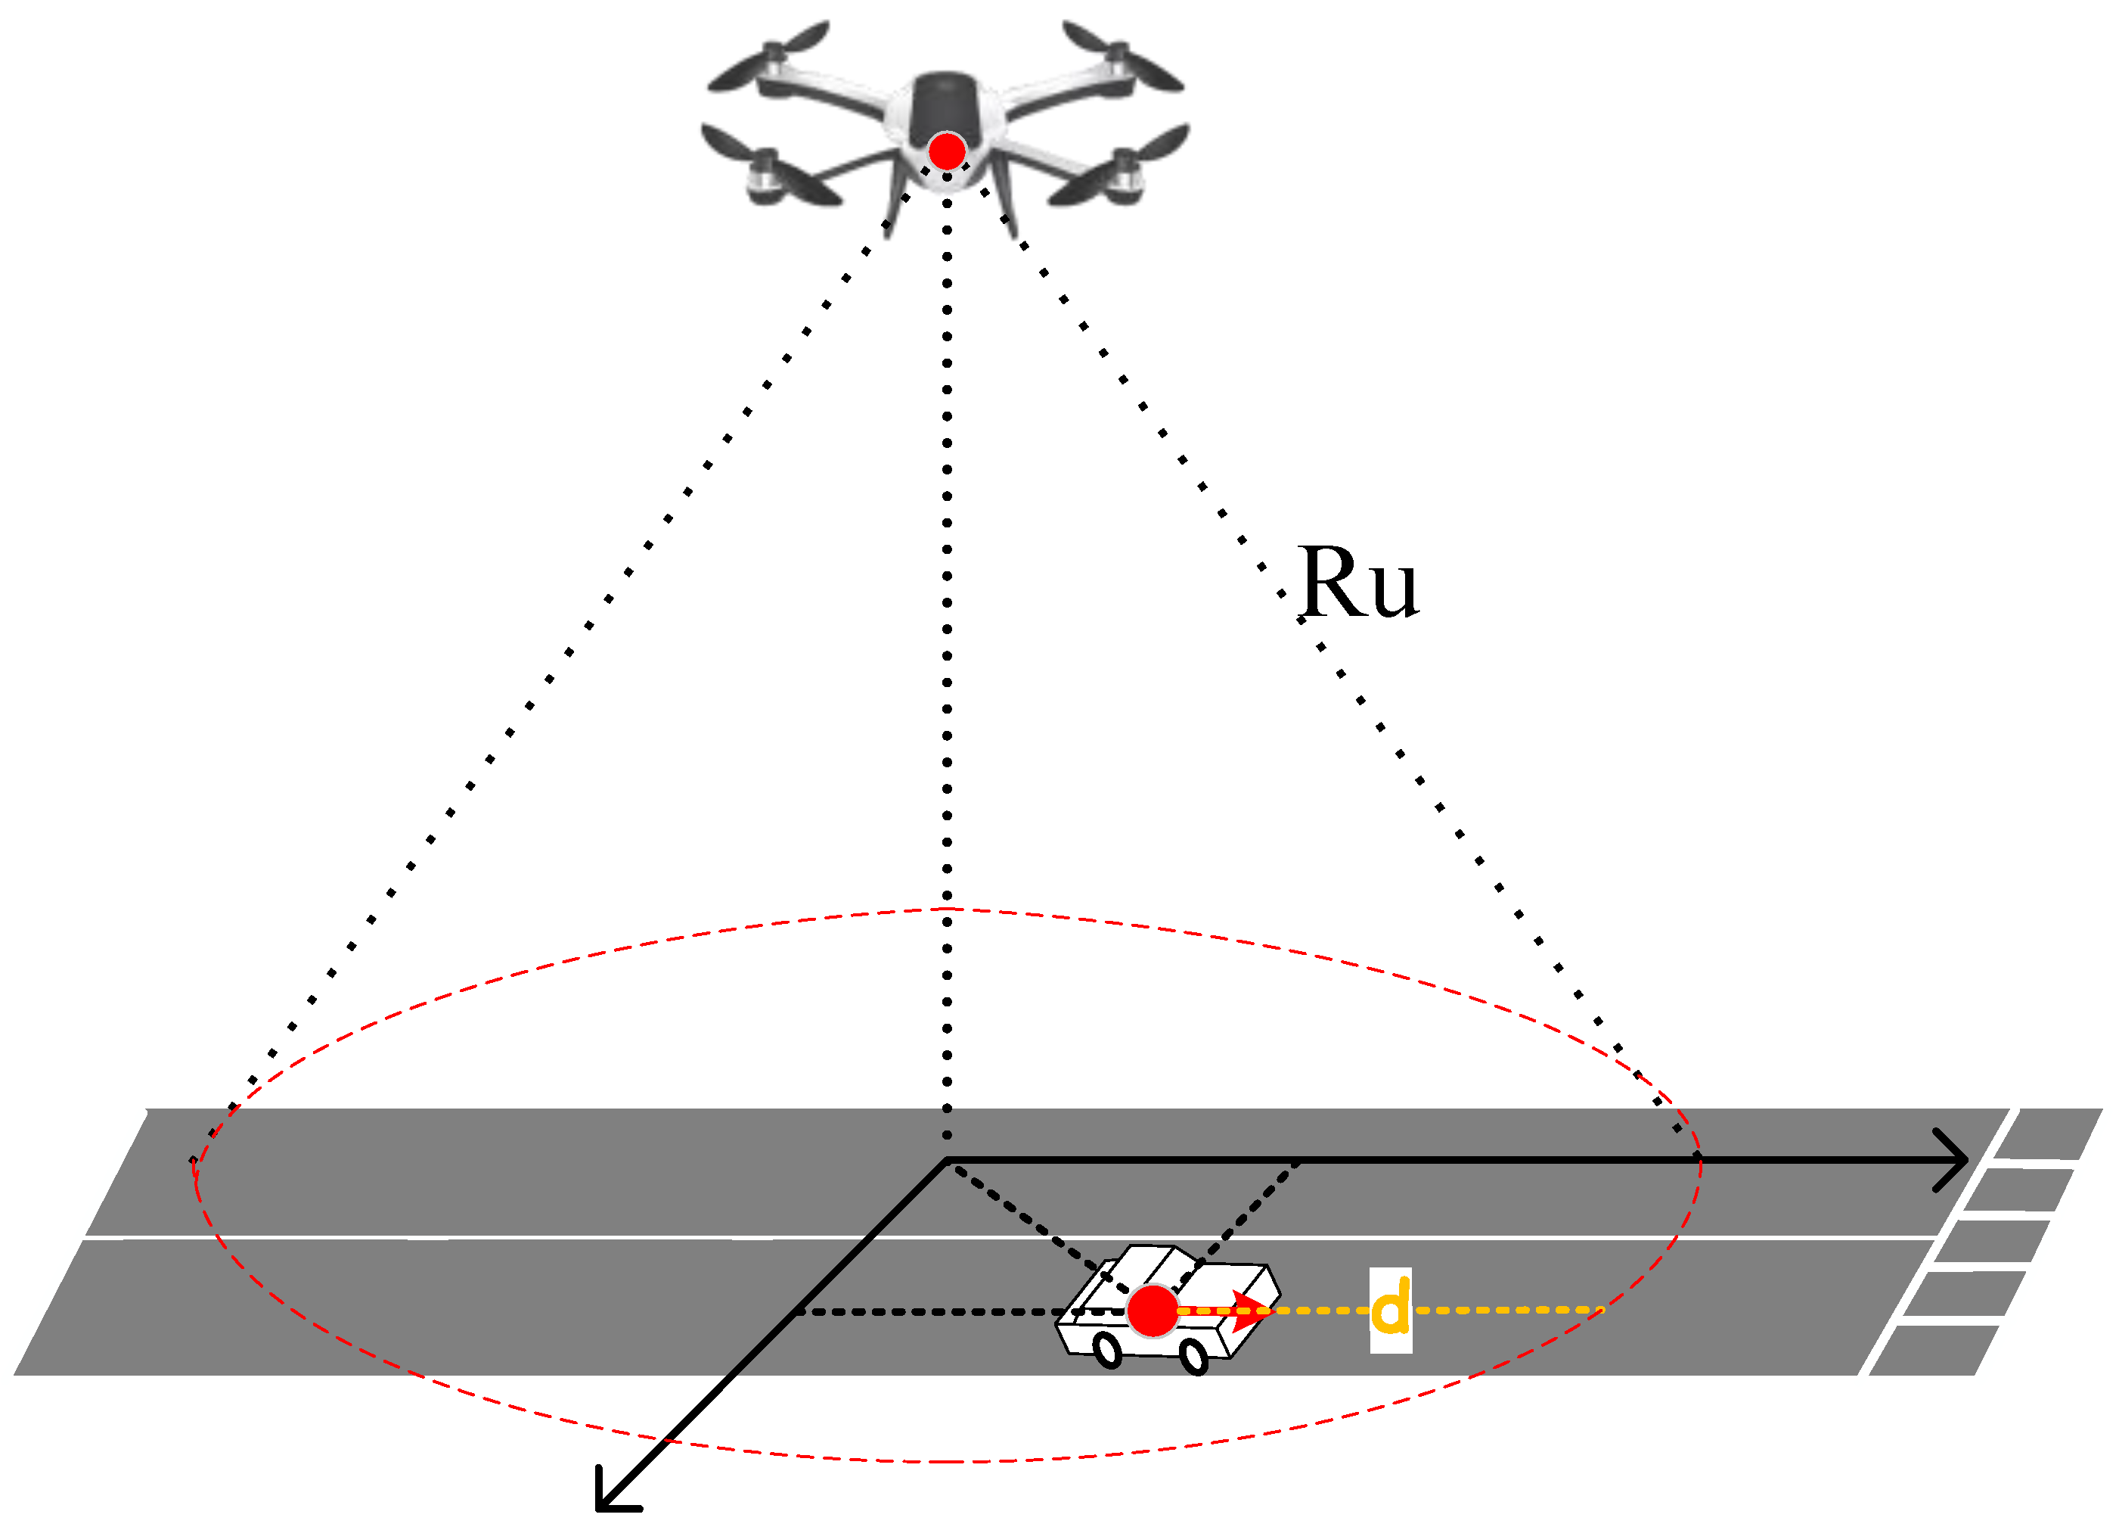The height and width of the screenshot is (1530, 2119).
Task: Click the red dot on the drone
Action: pyautogui.click(x=947, y=151)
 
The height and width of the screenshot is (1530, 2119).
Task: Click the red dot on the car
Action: pyautogui.click(x=1152, y=1311)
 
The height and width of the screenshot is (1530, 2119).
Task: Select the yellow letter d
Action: pyautogui.click(x=1390, y=1309)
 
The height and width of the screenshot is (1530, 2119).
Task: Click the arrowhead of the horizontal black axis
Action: pyautogui.click(x=1960, y=1160)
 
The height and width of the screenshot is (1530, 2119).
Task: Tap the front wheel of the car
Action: pyautogui.click(x=1194, y=1356)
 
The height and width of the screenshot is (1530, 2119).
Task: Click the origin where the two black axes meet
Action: pyautogui.click(x=947, y=1160)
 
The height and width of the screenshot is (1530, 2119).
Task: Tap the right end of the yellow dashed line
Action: pyautogui.click(x=1599, y=1309)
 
